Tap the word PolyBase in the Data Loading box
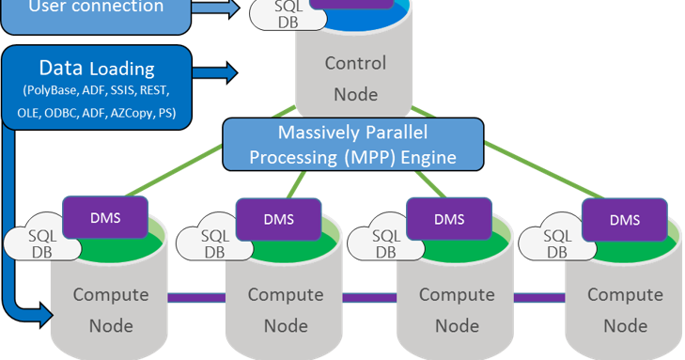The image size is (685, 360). tap(50, 91)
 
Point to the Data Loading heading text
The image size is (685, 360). tap(97, 69)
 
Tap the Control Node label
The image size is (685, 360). tap(354, 79)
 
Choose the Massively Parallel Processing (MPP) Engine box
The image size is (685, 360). tap(352, 144)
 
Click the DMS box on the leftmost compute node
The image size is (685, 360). tap(104, 218)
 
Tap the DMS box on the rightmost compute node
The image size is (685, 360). tap(624, 219)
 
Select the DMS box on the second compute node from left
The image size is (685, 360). tap(277, 219)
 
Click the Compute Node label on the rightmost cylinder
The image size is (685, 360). tap(625, 310)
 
